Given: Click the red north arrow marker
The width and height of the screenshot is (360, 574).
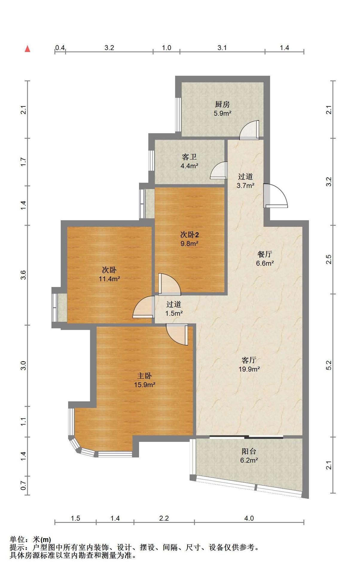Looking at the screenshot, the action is [x=28, y=48].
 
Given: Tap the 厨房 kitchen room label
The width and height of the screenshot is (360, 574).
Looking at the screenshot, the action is [x=222, y=104].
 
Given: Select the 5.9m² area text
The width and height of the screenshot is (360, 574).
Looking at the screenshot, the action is [x=222, y=113].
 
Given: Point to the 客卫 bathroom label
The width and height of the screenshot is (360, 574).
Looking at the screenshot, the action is [x=189, y=157].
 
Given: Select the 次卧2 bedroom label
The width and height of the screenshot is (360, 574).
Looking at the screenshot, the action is [x=190, y=234].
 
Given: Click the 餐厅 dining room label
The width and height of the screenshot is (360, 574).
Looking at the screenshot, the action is [x=265, y=254].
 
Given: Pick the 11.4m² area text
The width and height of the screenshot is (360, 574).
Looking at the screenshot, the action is [x=109, y=279].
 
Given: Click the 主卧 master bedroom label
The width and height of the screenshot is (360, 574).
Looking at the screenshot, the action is [x=144, y=375].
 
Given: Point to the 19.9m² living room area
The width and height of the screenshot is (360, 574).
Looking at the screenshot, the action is [x=249, y=369].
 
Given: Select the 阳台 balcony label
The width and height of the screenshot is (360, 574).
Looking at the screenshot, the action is [x=249, y=451].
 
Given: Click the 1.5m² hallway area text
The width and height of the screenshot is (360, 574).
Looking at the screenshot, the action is [x=174, y=313].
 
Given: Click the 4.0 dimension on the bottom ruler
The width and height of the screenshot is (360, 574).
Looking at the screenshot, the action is [x=249, y=518].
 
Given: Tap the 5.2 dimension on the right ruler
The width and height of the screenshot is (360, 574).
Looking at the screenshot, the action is [x=329, y=365].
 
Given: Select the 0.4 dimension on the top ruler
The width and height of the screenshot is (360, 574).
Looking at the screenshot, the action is [x=60, y=48].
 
